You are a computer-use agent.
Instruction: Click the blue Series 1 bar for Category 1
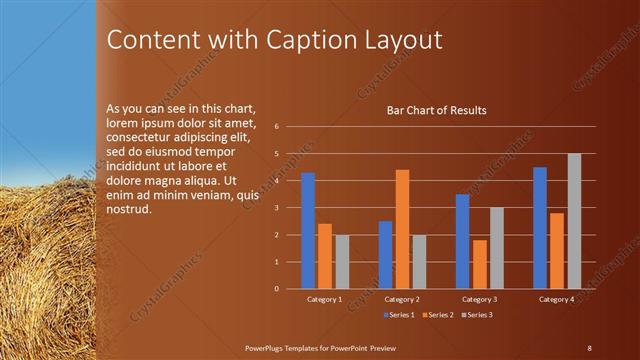pos(308,231)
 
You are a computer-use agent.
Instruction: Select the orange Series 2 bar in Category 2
pos(402,229)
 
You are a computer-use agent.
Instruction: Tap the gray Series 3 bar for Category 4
pos(574,221)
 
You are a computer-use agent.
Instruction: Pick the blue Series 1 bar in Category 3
pos(462,241)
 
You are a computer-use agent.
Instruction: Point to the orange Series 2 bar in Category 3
pos(480,264)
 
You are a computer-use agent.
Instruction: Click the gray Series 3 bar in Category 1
pos(342,262)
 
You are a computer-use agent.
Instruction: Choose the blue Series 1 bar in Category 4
pos(540,228)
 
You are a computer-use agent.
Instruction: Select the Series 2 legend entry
pos(441,315)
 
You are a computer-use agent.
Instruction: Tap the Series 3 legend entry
pos(478,315)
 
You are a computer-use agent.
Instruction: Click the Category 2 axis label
pos(402,299)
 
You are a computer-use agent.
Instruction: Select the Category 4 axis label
pos(557,299)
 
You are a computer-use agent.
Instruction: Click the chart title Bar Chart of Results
pos(437,110)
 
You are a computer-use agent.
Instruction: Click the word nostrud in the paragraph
pos(127,210)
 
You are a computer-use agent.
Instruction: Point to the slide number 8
pos(589,347)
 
